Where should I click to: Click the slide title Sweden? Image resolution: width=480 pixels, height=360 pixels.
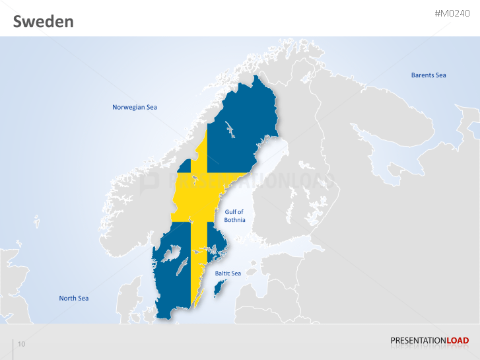(44, 22)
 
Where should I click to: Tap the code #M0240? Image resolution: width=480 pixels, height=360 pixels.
(452, 13)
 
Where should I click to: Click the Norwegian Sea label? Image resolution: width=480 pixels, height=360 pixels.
(135, 107)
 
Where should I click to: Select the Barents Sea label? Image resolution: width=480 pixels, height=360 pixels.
(429, 75)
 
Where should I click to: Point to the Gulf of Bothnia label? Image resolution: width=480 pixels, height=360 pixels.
(234, 216)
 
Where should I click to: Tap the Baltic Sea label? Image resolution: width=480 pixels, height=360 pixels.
(228, 273)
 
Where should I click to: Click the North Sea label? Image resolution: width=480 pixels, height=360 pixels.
(74, 298)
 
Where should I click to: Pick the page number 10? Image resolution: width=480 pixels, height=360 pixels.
(22, 344)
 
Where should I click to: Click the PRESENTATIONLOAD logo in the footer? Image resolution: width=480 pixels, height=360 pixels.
(430, 341)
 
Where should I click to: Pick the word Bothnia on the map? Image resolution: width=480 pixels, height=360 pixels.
(234, 220)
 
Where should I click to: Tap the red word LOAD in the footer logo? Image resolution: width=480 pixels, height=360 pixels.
(458, 341)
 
